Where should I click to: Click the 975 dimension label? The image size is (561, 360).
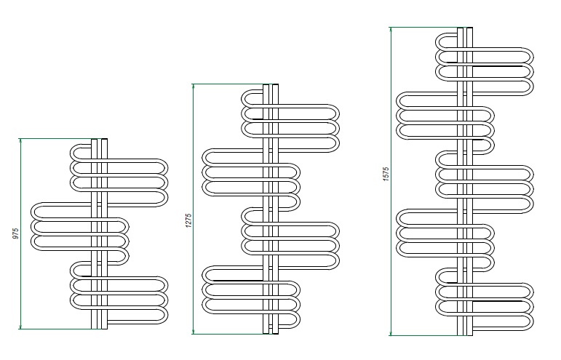[15, 233]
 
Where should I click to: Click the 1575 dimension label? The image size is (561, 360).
[386, 174]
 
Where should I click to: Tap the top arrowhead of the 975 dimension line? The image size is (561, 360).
[20, 141]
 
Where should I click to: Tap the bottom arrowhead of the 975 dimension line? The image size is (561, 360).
[20, 327]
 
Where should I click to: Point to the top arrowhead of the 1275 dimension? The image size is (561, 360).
[194, 87]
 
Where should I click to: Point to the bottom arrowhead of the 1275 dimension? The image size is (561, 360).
[194, 332]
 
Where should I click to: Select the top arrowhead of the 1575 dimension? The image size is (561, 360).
[391, 30]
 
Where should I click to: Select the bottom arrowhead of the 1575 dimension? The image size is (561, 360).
[391, 333]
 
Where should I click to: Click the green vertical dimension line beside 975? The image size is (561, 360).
[20, 233]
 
